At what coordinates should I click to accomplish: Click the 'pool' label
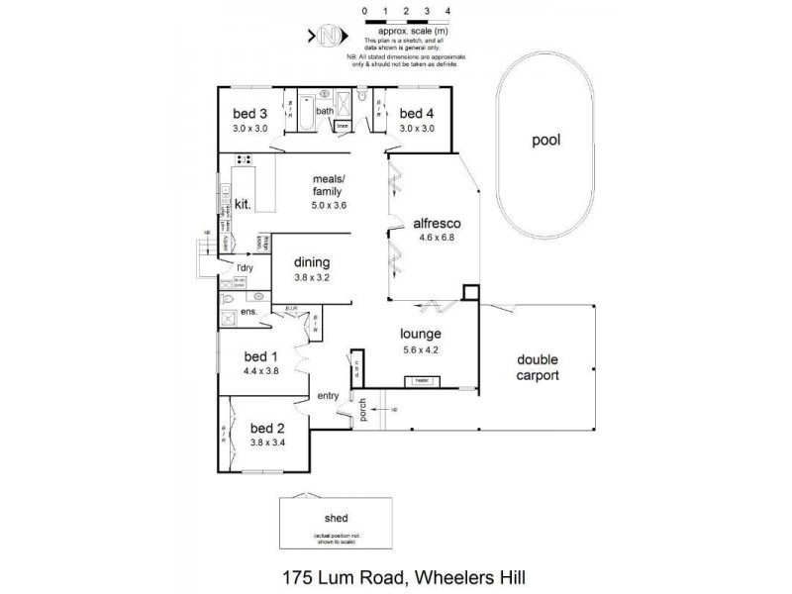[x=545, y=141]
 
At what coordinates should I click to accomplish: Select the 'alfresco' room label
[x=436, y=224]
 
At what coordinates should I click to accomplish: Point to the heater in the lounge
[x=421, y=379]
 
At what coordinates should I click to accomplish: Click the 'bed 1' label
[x=261, y=357]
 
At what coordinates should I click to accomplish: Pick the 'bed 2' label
[x=267, y=428]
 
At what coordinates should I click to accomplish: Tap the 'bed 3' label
[x=250, y=113]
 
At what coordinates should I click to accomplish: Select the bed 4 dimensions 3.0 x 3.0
[x=418, y=128]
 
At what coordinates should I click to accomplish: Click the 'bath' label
[x=325, y=111]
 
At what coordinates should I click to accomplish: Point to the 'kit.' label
[x=243, y=205]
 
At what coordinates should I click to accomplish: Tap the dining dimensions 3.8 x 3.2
[x=311, y=277]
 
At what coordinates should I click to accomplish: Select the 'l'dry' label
[x=243, y=267]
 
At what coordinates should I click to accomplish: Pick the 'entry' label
[x=329, y=396]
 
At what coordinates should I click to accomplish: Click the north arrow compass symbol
[x=332, y=38]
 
